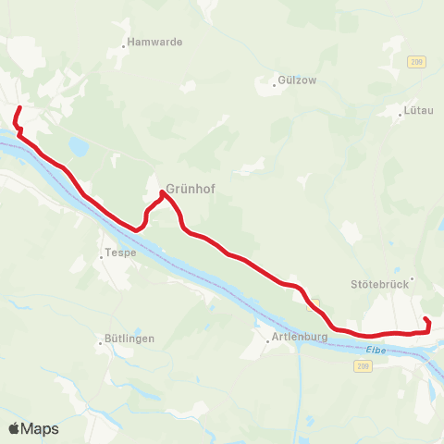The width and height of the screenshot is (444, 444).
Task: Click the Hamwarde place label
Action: point(156,43)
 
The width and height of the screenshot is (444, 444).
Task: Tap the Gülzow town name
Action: point(298,80)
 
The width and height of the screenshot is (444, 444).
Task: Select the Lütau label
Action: point(418,111)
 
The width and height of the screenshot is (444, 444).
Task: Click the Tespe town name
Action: point(122,253)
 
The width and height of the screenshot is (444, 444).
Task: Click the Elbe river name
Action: point(375,349)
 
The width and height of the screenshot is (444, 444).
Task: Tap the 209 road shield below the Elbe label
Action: point(362,367)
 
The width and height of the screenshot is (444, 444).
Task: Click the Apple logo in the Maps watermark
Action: point(15,428)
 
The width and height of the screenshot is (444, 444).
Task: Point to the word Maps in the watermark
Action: point(42,428)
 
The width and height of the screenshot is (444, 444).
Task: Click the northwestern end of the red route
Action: point(21,108)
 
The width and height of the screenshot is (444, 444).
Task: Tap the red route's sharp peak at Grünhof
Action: point(163,192)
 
